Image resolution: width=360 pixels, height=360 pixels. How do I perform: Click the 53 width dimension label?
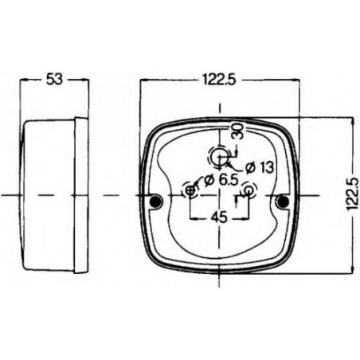point(54,79)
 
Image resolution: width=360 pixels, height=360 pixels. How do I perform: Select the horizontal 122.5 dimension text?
point(219,79)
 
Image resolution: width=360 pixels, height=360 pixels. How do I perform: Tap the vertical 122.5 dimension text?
point(353,194)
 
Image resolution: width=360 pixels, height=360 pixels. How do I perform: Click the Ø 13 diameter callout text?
point(260,167)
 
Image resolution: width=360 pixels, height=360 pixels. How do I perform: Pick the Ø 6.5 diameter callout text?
point(221,180)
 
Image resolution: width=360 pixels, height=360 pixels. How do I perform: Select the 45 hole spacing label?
point(219,217)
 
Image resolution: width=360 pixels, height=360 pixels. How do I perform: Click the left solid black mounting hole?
point(156,201)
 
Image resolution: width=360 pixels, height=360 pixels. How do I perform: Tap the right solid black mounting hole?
point(283,201)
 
